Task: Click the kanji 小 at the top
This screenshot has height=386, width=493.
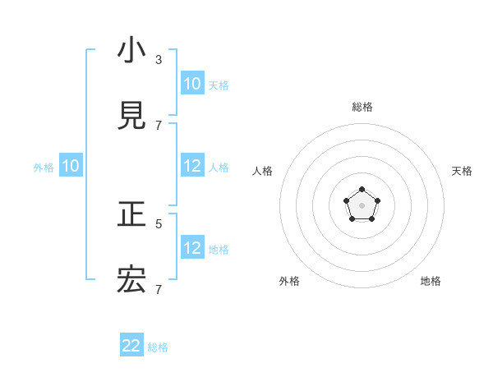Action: [x=131, y=51]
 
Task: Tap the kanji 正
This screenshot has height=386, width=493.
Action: [x=131, y=214]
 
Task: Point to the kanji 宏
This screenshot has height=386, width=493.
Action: [x=131, y=280]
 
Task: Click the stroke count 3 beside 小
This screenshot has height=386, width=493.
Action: [x=159, y=59]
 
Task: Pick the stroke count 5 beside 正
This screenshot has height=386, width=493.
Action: [x=159, y=223]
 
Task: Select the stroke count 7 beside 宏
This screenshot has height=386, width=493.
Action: [x=159, y=289]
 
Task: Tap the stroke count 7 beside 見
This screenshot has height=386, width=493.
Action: [x=159, y=125]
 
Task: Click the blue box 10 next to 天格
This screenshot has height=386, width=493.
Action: [x=192, y=84]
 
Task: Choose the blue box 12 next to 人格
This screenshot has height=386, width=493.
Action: [x=192, y=166]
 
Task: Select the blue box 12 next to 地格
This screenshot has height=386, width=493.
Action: [x=192, y=248]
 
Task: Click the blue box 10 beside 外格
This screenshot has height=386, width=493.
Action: [x=71, y=166]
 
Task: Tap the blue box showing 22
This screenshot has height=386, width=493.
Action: [x=131, y=346]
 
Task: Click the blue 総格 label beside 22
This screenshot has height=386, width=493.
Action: [x=158, y=347]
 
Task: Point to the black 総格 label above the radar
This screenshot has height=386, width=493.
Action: [x=362, y=107]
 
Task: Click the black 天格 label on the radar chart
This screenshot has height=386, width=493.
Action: [x=462, y=171]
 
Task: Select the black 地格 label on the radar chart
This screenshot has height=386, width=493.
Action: [x=431, y=281]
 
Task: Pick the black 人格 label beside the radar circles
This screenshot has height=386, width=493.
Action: [x=263, y=171]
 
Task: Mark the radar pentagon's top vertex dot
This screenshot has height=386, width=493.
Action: [x=362, y=191]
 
